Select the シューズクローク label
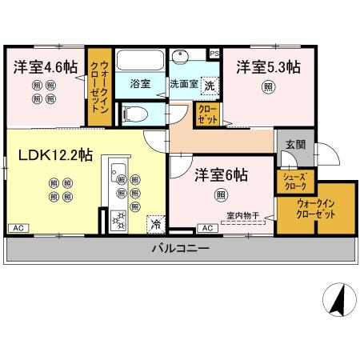(294, 179)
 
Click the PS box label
(214, 54)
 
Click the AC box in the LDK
(17, 229)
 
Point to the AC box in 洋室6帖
(206, 229)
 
